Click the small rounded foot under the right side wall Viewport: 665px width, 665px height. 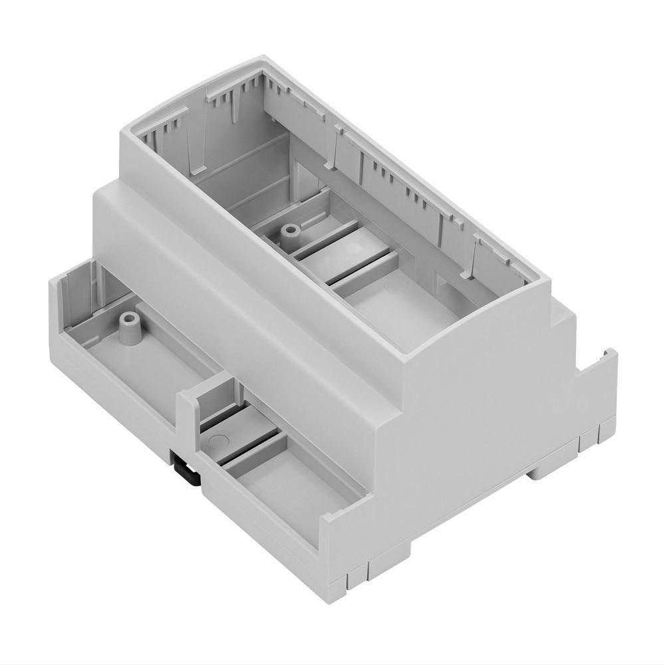[x=545, y=471]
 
